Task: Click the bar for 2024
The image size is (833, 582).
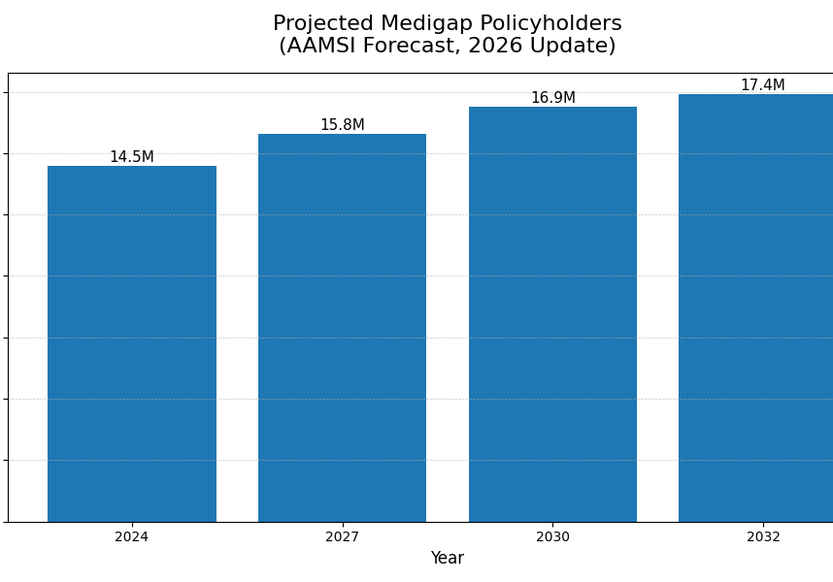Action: [x=132, y=343]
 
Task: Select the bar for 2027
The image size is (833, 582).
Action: [x=342, y=328]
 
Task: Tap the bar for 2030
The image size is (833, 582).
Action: [x=552, y=314]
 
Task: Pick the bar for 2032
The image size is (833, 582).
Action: [x=755, y=307]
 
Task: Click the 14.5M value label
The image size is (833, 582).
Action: [x=132, y=157]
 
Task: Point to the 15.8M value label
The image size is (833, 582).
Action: [x=342, y=125]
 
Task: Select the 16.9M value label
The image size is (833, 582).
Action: [x=552, y=98]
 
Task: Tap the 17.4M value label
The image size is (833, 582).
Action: [x=762, y=85]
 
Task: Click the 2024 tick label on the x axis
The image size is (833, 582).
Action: [x=132, y=537]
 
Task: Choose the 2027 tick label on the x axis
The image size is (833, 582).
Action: [x=342, y=537]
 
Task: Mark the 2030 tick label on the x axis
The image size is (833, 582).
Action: [x=552, y=537]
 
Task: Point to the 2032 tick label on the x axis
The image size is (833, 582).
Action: [x=763, y=537]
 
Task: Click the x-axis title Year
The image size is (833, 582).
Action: [x=448, y=559]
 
